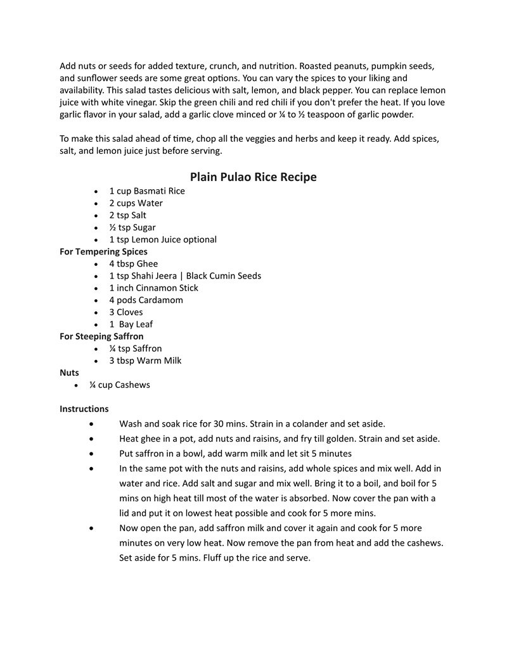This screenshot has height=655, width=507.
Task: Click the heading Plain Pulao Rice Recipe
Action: pos(253,177)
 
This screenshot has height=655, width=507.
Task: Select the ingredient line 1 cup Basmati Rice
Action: pos(146,191)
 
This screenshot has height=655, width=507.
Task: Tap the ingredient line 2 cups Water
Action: pos(136,203)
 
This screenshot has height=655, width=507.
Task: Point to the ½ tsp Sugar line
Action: pos(132,227)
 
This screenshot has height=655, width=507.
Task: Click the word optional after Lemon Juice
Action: pos(197,240)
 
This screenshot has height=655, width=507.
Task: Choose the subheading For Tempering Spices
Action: pos(103,252)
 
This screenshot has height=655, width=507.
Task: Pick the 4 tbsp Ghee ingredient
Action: pos(133,264)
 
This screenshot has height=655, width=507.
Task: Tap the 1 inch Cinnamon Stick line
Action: pos(153,288)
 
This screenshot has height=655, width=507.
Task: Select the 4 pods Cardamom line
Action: pos(146,300)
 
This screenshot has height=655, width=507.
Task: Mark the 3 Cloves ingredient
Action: pos(125,312)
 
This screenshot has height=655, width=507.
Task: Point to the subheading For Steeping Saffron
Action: pos(101,337)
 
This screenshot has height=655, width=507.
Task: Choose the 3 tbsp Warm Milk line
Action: pos(144,361)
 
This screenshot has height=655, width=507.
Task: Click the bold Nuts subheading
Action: pos(69,373)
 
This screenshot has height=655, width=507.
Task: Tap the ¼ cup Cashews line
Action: pos(120,385)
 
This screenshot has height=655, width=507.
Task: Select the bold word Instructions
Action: pos(84,409)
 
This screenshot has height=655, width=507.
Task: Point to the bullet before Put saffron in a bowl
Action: pos(93,454)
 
